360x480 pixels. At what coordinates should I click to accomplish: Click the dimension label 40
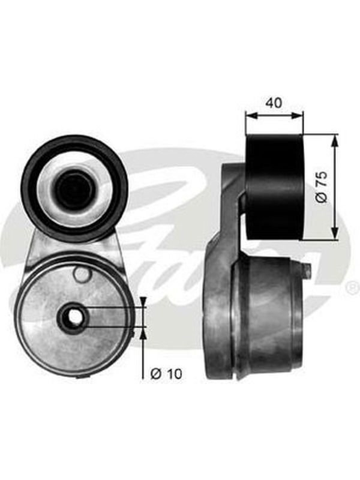(274, 103)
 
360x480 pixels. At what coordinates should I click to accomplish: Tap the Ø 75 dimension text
(322, 187)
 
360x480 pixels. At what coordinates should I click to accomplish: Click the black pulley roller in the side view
(275, 187)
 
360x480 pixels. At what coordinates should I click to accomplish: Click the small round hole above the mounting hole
(82, 274)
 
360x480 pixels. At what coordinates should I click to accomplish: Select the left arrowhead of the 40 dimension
(250, 115)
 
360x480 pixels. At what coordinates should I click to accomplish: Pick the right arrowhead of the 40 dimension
(298, 115)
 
